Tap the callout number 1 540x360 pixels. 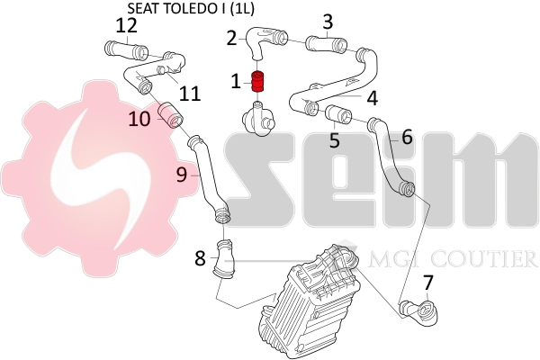pyautogui.click(x=236, y=82)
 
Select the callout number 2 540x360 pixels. pyautogui.click(x=232, y=38)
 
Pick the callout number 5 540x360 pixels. pyautogui.click(x=334, y=140)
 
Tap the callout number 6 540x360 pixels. pyautogui.click(x=407, y=137)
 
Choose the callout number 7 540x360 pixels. pyautogui.click(x=427, y=282)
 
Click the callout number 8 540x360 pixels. pyautogui.click(x=200, y=259)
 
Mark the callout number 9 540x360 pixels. pyautogui.click(x=182, y=175)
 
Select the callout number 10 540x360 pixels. pyautogui.click(x=139, y=119)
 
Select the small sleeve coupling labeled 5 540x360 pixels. pyautogui.click(x=339, y=114)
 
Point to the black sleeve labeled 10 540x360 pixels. pyautogui.click(x=170, y=115)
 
